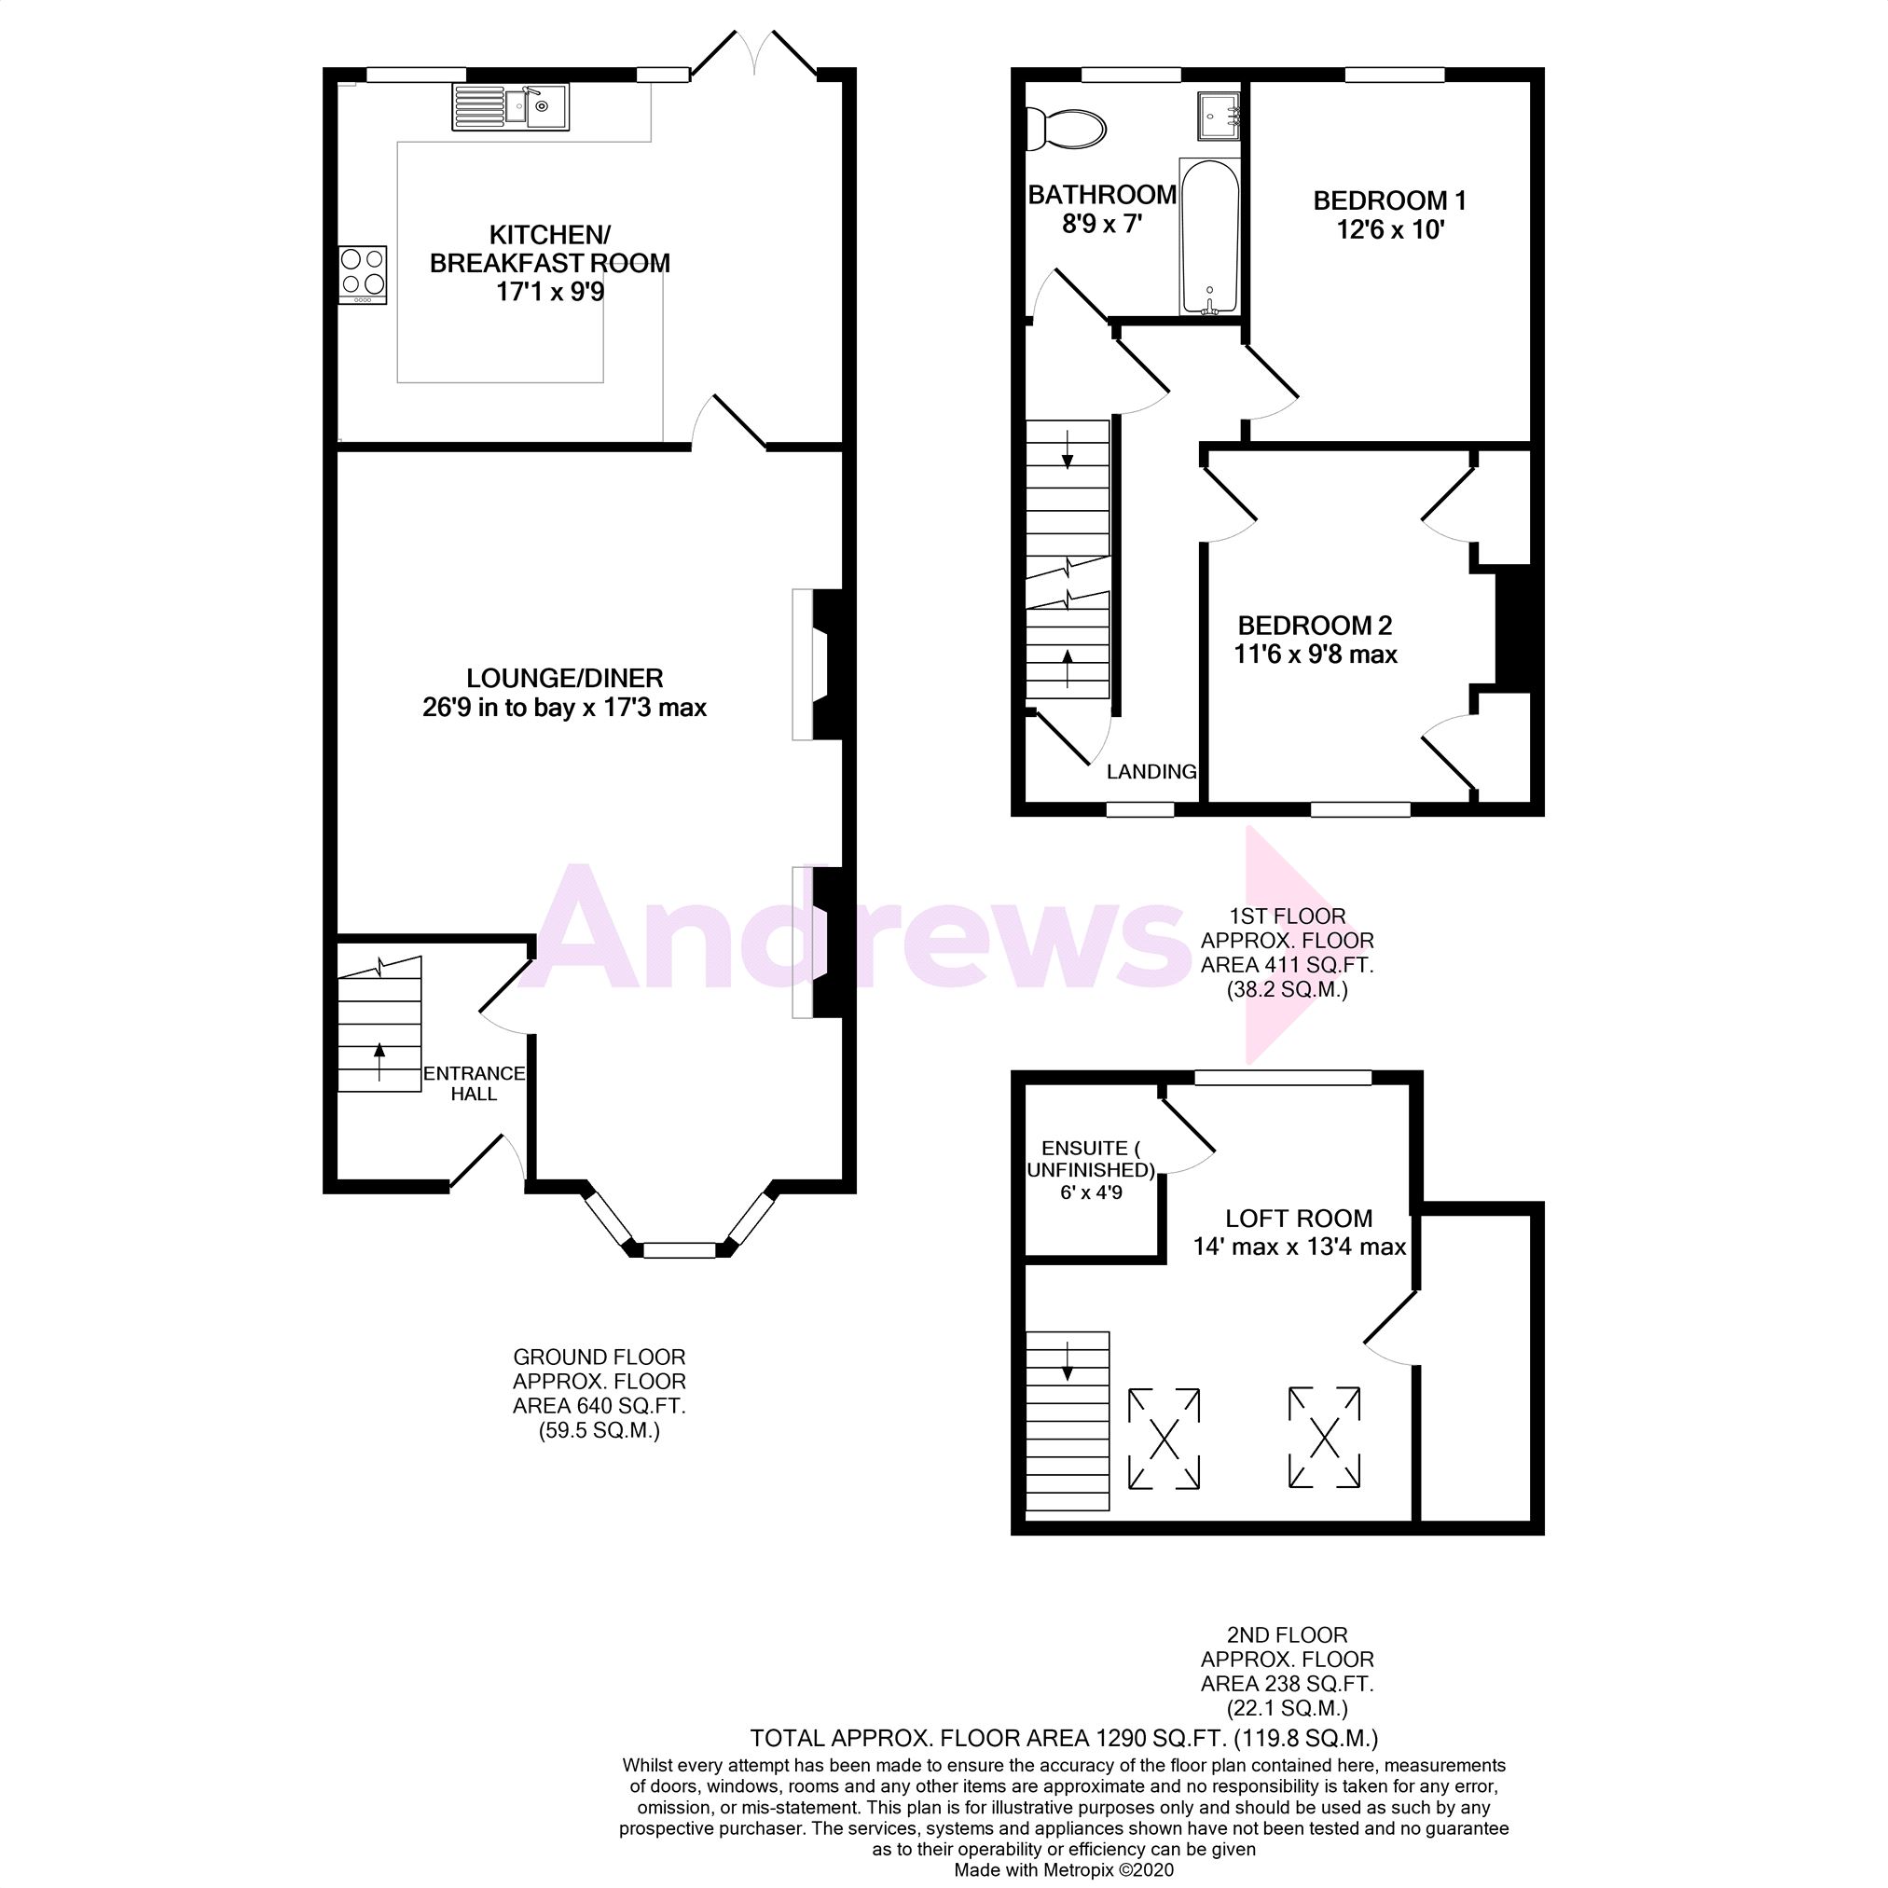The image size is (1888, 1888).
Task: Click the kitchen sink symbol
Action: pyautogui.click(x=509, y=106)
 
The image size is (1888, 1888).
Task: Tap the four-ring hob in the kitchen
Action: pyautogui.click(x=363, y=271)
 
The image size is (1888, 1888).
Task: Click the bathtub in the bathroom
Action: pyautogui.click(x=1210, y=237)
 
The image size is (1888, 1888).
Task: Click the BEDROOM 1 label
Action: pyautogui.click(x=1388, y=201)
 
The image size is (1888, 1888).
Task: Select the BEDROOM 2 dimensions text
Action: pyautogui.click(x=1316, y=655)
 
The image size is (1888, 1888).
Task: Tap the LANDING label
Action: pyautogui.click(x=1151, y=772)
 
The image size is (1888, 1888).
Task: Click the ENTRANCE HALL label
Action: pyautogui.click(x=474, y=1082)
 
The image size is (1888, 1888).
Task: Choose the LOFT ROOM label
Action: pyautogui.click(x=1299, y=1219)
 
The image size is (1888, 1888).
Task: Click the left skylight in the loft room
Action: pyautogui.click(x=1164, y=1439)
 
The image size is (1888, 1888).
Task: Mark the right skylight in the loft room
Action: pyautogui.click(x=1324, y=1438)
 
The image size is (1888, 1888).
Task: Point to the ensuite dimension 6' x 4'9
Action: pyautogui.click(x=1091, y=1192)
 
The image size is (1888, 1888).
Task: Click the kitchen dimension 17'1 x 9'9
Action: pyautogui.click(x=550, y=292)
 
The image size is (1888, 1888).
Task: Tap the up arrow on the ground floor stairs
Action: pyautogui.click(x=379, y=1056)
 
